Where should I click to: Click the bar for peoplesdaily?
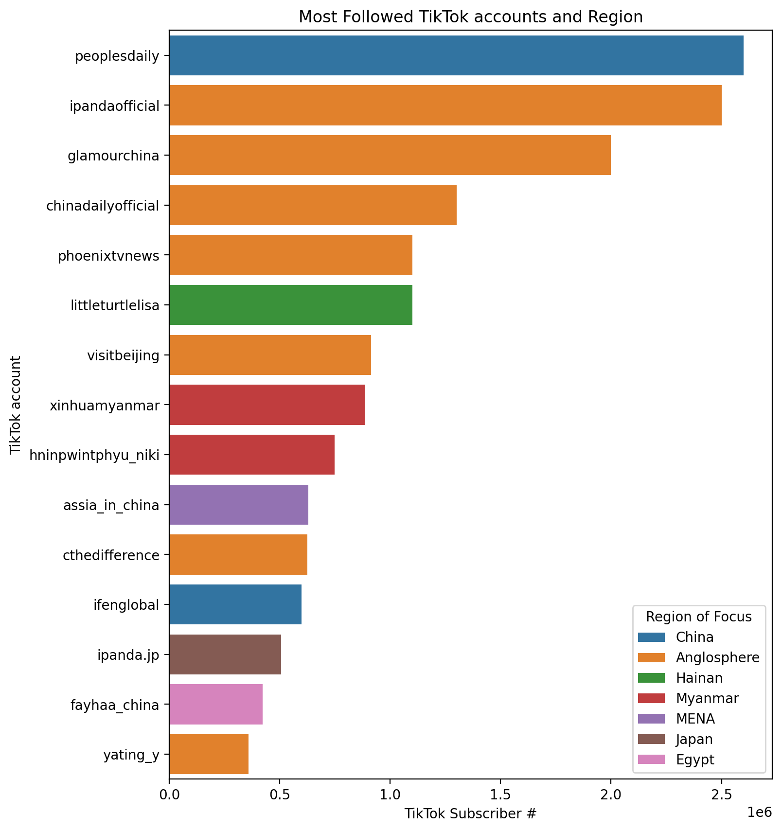pos(456,55)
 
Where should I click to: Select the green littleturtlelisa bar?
pos(291,305)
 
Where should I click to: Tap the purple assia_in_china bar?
pos(239,505)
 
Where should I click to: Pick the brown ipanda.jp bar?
pos(225,654)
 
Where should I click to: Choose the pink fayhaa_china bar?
pos(216,705)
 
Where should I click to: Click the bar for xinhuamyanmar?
pos(267,405)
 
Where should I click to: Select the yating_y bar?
pos(209,754)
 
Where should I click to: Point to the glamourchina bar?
pos(390,155)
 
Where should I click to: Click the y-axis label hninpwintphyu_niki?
pos(94,455)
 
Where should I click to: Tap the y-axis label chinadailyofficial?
pos(103,206)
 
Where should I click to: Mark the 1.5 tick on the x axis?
pos(500,796)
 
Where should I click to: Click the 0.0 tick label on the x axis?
pos(169,796)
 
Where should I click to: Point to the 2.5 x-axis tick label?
pos(721,796)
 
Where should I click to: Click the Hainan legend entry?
pos(699,678)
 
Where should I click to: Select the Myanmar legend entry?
pos(707,698)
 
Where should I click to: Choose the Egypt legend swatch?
pos(651,760)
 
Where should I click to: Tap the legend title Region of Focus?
pos(699,617)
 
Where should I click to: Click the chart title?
pos(470,17)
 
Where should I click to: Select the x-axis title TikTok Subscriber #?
pos(470,814)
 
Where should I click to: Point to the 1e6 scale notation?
pos(759,812)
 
